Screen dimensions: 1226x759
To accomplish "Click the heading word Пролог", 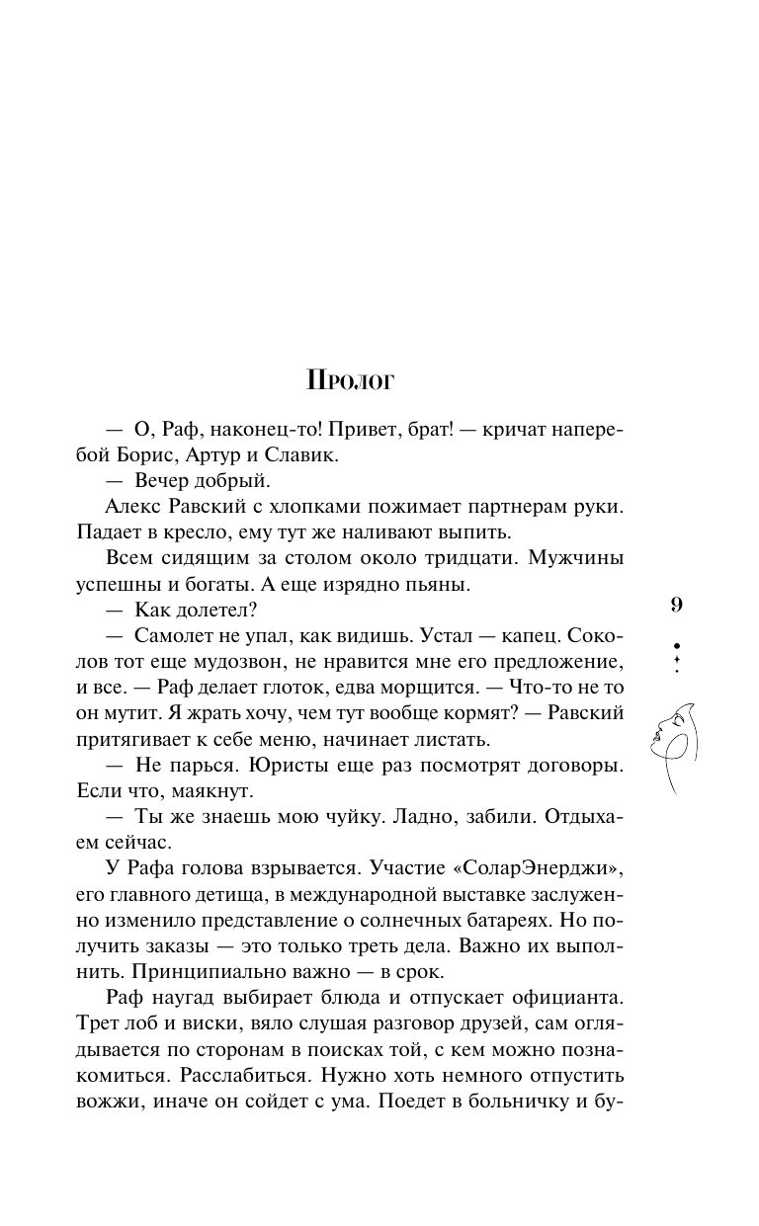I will coord(351,380).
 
